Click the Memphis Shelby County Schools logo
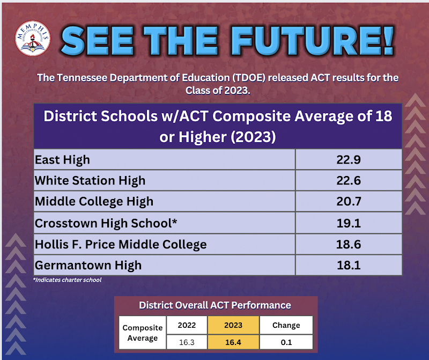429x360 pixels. (x=33, y=38)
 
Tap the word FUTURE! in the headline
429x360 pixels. (x=314, y=41)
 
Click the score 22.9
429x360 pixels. (x=349, y=159)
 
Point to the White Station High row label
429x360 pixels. (x=90, y=180)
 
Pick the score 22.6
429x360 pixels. (x=349, y=180)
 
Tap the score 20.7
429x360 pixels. (x=349, y=202)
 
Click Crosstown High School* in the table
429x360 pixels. (x=106, y=223)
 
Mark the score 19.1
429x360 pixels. (x=349, y=223)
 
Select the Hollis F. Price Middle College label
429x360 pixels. (x=121, y=244)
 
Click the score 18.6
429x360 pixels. (x=349, y=244)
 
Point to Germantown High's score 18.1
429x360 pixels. (x=349, y=265)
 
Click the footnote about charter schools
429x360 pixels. (x=68, y=280)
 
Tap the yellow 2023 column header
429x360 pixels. (x=233, y=325)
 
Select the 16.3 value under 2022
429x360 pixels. (x=187, y=342)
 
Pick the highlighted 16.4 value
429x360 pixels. (x=233, y=342)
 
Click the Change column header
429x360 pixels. (x=286, y=325)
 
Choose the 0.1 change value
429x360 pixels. (x=286, y=342)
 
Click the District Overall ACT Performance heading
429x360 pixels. (x=215, y=305)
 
